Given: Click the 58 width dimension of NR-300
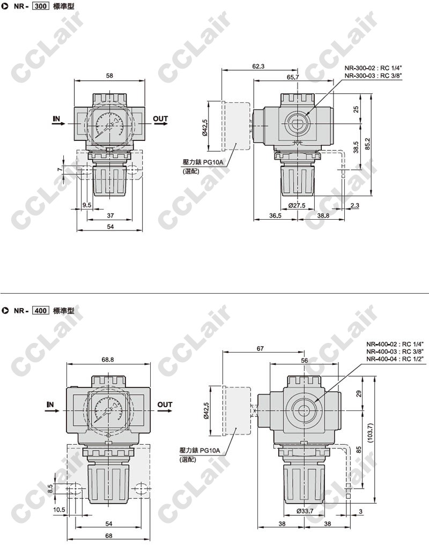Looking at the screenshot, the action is click(110, 76).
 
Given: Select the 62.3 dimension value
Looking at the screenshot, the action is click(258, 66).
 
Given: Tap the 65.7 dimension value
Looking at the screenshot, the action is click(293, 77).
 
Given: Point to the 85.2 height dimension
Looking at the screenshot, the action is click(367, 143).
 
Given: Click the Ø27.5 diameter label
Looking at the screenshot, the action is click(297, 205).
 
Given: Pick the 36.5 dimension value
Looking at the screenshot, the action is click(275, 215).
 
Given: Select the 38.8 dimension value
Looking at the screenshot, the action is click(323, 215).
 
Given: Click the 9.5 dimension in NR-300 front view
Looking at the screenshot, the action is click(86, 205).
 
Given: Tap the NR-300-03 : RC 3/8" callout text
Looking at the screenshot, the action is click(371, 76).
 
